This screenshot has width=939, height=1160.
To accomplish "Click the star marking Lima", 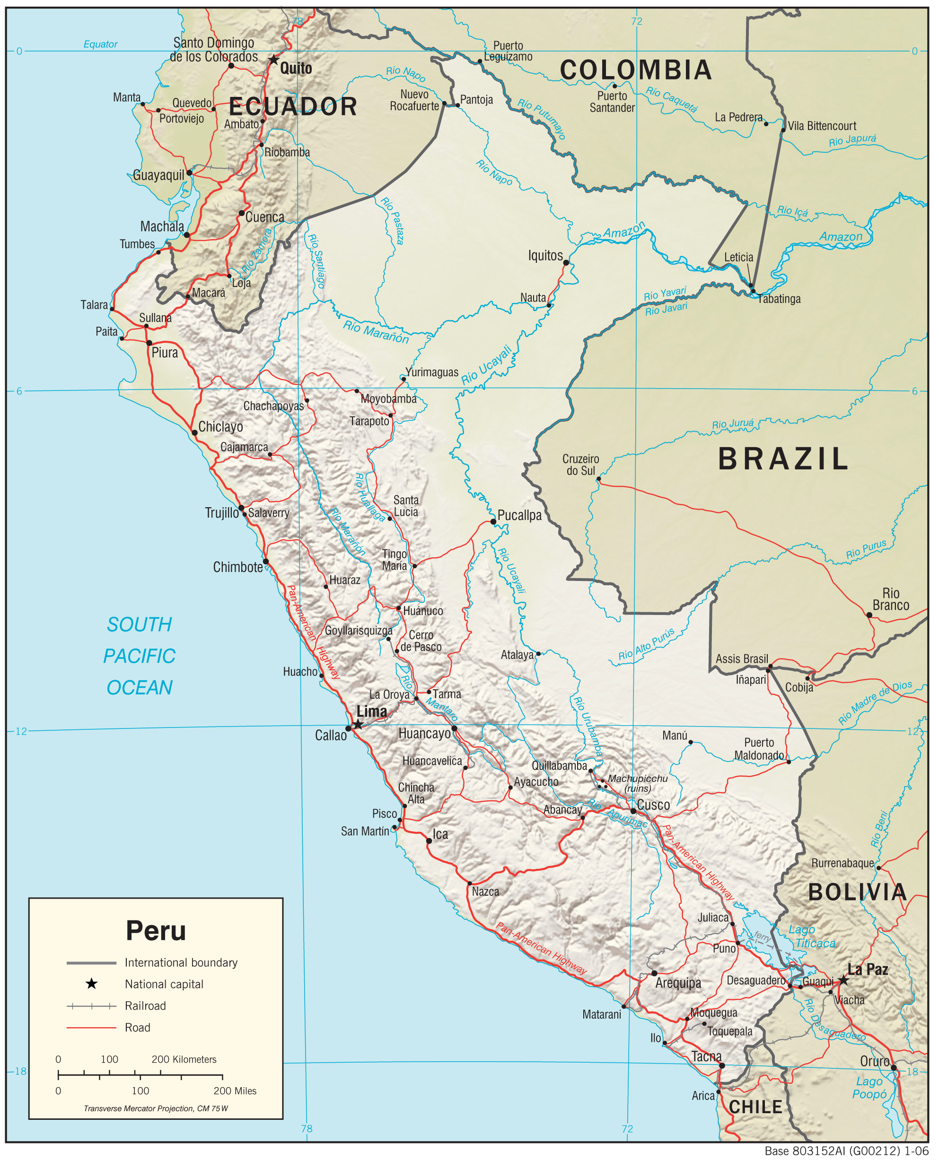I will click(x=358, y=725).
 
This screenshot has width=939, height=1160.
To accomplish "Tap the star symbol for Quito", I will click(x=274, y=60).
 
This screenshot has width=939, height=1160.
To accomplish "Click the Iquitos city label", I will click(x=545, y=256).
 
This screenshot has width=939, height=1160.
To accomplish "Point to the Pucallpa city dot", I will click(x=493, y=521).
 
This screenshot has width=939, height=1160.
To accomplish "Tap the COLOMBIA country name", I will click(x=636, y=70).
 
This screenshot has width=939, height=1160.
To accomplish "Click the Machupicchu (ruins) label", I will click(x=638, y=783).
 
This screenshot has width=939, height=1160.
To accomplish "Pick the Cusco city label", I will click(x=653, y=805).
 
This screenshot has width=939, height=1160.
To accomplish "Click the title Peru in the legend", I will click(x=156, y=931).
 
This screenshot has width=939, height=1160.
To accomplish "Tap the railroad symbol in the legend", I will click(x=91, y=1006).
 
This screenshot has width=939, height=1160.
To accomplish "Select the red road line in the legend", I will click(x=91, y=1028).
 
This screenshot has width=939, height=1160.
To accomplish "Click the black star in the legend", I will click(x=91, y=984).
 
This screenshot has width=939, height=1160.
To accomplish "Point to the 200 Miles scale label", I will click(x=235, y=1091).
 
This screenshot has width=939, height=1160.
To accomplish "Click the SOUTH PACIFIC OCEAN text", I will click(x=140, y=656).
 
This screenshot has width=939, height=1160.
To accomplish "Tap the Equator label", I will click(x=101, y=44).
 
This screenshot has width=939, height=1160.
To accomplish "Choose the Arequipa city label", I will click(x=678, y=983).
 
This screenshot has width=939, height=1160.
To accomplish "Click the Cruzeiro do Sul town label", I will click(x=580, y=465).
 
